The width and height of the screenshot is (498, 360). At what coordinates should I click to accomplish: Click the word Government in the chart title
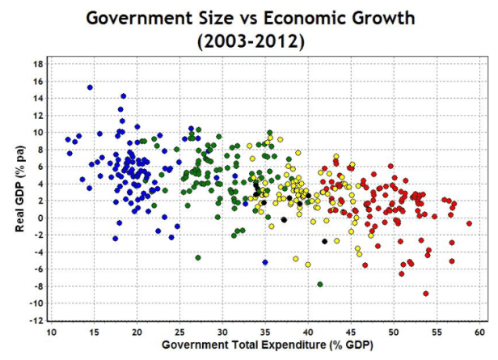pos(142,17)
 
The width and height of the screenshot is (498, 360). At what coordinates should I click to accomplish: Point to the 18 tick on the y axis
pos(38,64)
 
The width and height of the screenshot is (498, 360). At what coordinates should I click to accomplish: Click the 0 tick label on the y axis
pos(40,218)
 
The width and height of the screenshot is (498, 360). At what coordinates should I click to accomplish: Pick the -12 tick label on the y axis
pos(36,320)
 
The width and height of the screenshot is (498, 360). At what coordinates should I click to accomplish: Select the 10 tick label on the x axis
pos(51,332)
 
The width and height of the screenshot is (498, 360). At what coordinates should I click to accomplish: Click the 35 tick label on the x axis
pos(265,332)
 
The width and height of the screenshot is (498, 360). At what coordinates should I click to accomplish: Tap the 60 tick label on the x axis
pos(479,332)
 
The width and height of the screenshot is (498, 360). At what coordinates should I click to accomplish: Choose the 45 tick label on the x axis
pos(351,332)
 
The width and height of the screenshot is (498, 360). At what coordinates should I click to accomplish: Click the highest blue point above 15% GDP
pos(91,87)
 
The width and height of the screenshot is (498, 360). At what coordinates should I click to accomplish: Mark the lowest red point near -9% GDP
pos(426,294)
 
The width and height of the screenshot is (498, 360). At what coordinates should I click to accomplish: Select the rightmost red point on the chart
pos(470,223)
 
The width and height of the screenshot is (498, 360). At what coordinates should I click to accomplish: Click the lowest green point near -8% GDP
pos(320,285)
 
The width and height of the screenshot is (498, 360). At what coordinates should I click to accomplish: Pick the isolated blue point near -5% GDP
pos(265,262)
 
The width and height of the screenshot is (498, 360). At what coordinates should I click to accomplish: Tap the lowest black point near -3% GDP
pos(325,241)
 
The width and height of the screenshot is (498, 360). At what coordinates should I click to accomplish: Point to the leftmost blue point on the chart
pos(69,140)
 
